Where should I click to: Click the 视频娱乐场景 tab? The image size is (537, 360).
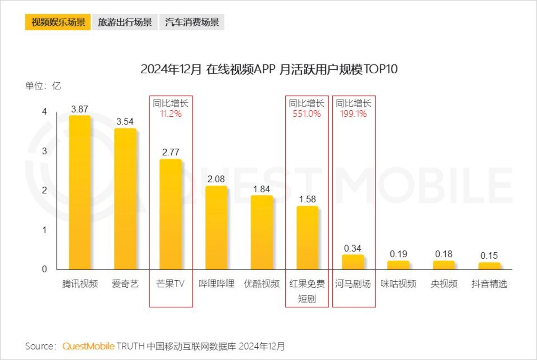pos(58,22)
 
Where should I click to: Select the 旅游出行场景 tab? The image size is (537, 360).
pos(125,22)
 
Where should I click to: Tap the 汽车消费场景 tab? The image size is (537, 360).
pos(192,22)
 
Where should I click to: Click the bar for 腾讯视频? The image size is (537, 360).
pos(80,192)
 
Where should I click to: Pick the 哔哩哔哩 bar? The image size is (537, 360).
pos(216,227)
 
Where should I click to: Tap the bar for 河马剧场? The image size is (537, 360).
pos(353,262)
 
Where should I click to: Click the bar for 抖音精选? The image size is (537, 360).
pos(489,266)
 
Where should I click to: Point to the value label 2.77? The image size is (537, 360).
pos(170,152)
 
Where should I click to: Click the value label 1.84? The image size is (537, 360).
pos(261,189)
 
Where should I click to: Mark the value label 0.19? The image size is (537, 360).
pos(398,254)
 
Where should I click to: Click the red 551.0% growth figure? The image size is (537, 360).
pos(307,114)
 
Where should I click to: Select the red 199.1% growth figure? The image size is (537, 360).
pos(353,114)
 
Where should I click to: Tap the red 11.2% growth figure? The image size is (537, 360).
pos(170,114)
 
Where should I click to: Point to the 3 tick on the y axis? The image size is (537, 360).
pos(44,151)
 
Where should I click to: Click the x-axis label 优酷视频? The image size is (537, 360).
pos(261,284)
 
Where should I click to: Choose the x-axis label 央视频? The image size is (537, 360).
pos(444,284)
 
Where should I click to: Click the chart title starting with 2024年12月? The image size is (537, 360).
pos(269,69)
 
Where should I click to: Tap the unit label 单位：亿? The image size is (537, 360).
pos(43,86)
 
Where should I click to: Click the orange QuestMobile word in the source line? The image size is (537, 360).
pos(88,346)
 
